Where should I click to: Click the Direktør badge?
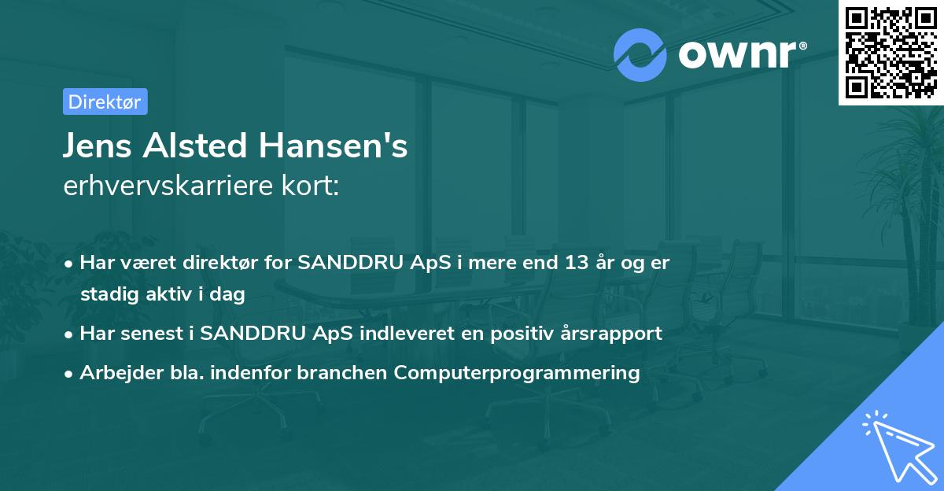pos(105,102)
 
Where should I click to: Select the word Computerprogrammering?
pos(517,373)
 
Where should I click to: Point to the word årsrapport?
pos(616,334)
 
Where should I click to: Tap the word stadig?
pos(107,295)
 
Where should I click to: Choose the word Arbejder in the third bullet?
pos(115,373)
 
